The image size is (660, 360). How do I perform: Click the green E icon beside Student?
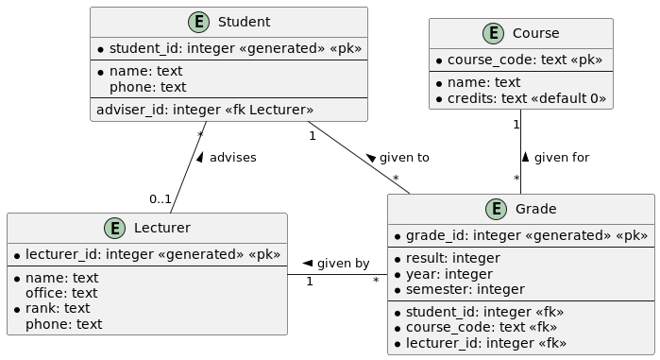click(x=199, y=22)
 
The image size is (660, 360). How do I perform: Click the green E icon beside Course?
click(x=494, y=33)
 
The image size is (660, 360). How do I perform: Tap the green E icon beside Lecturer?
click(x=115, y=228)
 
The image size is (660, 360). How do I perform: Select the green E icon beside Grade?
click(x=497, y=209)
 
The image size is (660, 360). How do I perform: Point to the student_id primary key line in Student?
click(x=234, y=48)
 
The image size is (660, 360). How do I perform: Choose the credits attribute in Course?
click(x=526, y=98)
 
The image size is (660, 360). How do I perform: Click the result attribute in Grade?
click(x=452, y=258)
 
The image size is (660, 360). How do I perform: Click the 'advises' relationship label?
click(x=232, y=158)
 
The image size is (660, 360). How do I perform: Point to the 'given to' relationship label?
click(x=404, y=158)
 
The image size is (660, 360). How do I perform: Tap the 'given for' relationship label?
click(x=561, y=158)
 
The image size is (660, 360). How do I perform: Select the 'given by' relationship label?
click(x=343, y=264)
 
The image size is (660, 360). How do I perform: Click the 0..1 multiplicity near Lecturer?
click(x=160, y=198)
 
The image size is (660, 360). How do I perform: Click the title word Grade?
click(x=535, y=209)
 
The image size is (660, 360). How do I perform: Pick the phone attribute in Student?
click(x=147, y=87)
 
